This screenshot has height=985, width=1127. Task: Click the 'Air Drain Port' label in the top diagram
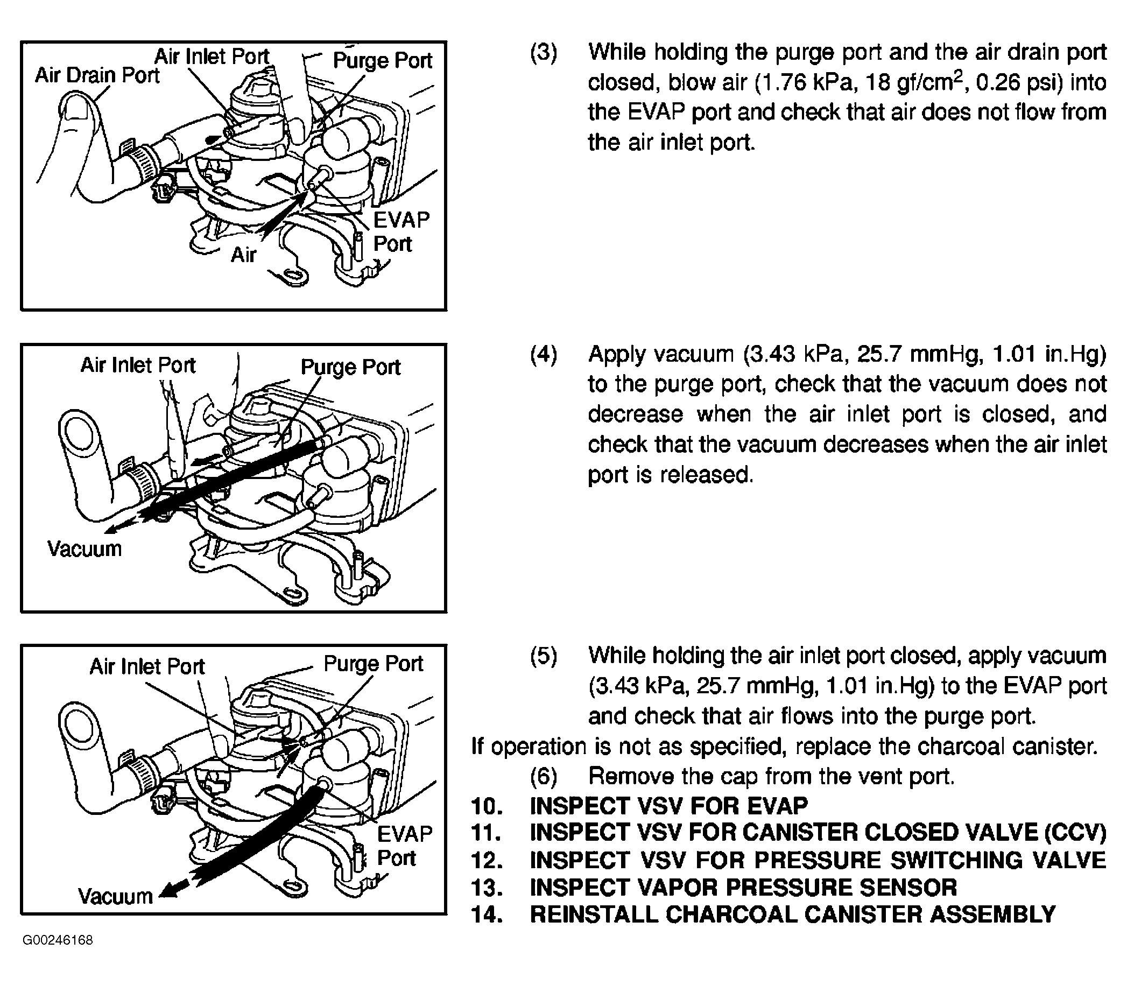[x=97, y=76]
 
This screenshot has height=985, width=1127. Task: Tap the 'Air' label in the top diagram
[x=243, y=255]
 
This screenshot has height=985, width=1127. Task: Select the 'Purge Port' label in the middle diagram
[x=350, y=367]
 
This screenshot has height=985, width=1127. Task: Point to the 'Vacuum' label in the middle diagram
[x=84, y=548]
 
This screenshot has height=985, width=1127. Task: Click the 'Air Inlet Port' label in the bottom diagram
[x=147, y=666]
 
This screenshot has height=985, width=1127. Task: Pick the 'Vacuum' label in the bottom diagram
[x=115, y=896]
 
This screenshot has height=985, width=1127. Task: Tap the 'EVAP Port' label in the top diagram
[x=400, y=232]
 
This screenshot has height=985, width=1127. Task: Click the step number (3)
[x=544, y=52]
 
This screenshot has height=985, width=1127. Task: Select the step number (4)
[x=544, y=355]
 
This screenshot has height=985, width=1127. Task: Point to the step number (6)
[x=544, y=776]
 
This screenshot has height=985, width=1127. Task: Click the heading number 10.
[x=487, y=806]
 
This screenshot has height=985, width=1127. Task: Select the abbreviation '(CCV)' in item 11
[x=1075, y=833]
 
